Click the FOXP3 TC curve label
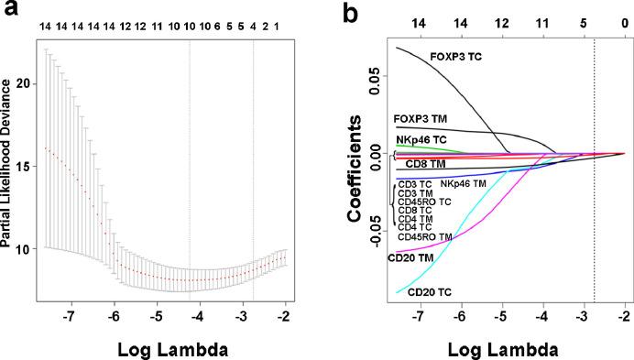[x=455, y=57]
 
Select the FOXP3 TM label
[x=421, y=118]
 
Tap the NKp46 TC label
[x=421, y=139]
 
